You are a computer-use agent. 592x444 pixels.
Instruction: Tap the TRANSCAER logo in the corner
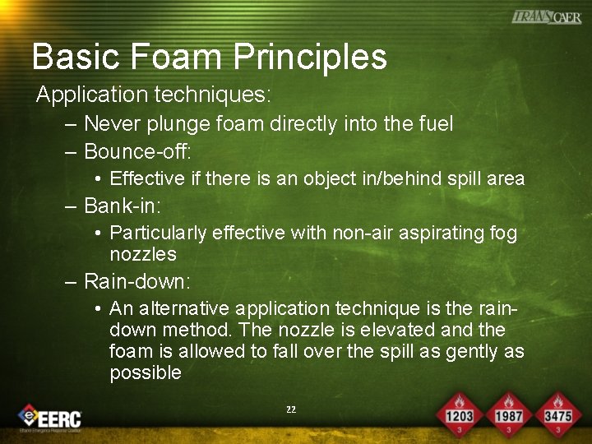pos(546,17)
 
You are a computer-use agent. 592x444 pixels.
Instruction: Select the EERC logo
pos(51,417)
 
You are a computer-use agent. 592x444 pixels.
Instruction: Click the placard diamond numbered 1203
pos(459,414)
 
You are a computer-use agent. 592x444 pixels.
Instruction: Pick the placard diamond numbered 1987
pos(508,414)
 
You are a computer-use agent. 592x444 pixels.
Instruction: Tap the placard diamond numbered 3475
pos(557,414)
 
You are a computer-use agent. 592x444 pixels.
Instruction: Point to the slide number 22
pos(291,409)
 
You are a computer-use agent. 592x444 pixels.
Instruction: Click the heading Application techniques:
pos(153,95)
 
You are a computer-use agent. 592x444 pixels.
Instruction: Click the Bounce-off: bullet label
pos(137,151)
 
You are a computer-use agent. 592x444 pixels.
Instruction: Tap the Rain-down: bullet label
pos(137,282)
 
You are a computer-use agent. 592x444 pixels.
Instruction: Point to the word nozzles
pos(143,254)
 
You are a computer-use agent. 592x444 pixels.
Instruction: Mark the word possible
pos(146,372)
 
